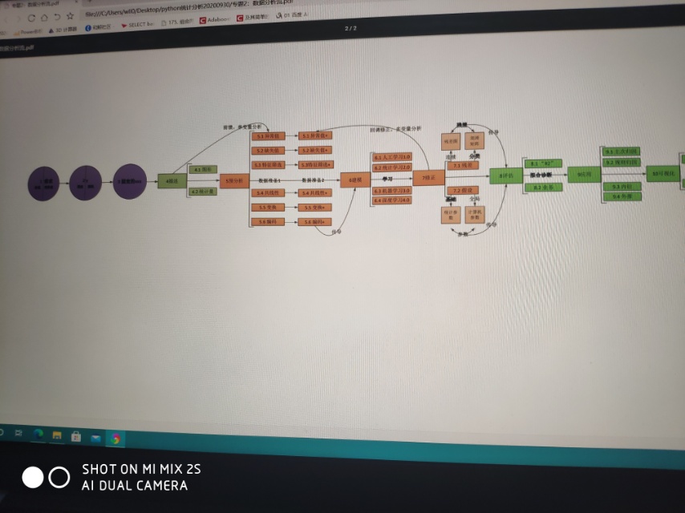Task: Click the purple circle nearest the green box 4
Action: pos(129,181)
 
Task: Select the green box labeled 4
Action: pos(170,182)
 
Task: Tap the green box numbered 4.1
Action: pos(203,169)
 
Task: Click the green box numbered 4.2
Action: pos(203,192)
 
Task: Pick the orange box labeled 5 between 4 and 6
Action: pos(234,181)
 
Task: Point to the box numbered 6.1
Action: pos(392,156)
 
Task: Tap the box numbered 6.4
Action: pos(392,200)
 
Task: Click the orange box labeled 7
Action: pos(428,178)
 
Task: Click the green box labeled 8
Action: pos(506,176)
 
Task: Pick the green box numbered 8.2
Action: pos(542,188)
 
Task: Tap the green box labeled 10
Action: pos(663,174)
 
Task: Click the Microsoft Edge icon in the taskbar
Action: pos(38,434)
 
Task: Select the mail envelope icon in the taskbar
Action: pos(96,438)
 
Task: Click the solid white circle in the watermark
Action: pos(32,478)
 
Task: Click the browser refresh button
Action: pos(31,17)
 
